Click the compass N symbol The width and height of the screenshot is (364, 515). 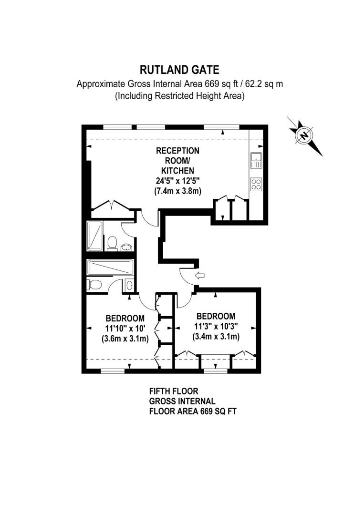click(303, 135)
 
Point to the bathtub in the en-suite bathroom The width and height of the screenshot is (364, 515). click(110, 268)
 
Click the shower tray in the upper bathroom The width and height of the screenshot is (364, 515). click(95, 236)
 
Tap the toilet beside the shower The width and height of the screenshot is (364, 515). click(113, 243)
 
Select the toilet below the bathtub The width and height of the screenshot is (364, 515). click(95, 285)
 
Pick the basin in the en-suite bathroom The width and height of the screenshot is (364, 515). click(129, 286)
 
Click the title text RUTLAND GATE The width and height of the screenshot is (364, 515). click(179, 70)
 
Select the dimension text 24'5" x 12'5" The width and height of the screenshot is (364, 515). click(178, 181)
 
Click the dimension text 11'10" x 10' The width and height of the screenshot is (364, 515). click(125, 329)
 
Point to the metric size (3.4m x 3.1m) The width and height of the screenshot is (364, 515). click(216, 337)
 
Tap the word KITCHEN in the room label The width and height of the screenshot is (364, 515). click(178, 171)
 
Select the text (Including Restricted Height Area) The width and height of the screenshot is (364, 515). click(179, 96)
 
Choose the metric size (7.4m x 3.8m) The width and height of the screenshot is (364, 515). click(178, 191)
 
